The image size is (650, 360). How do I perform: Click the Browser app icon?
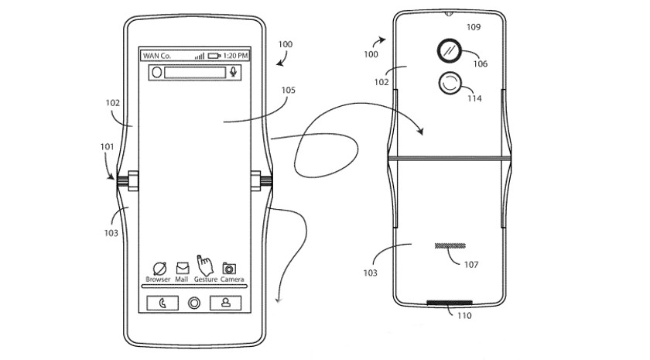pyautogui.click(x=159, y=267)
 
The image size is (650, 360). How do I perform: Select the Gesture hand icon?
pyautogui.click(x=205, y=265)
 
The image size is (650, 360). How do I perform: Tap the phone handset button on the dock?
pyautogui.click(x=162, y=303)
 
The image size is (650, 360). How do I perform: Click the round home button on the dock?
pyautogui.click(x=193, y=303)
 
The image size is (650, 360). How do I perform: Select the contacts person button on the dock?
pyautogui.click(x=225, y=303)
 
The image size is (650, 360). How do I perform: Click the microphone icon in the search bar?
pyautogui.click(x=233, y=72)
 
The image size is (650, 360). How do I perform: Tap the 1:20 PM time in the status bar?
pyautogui.click(x=236, y=56)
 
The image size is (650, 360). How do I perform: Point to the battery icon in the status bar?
pyautogui.click(x=214, y=56)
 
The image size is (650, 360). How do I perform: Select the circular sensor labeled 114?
pyautogui.click(x=448, y=85)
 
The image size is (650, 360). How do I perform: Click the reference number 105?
pyautogui.click(x=288, y=90)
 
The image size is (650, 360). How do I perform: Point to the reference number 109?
pyautogui.click(x=473, y=27)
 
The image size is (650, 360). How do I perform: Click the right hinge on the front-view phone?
pyautogui.click(x=259, y=183)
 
